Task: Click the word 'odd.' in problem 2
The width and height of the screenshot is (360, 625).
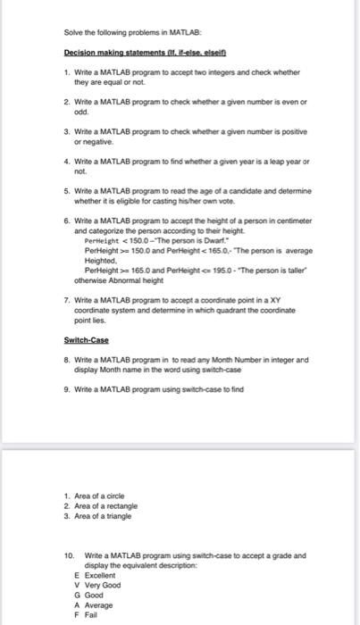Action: coord(81,112)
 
